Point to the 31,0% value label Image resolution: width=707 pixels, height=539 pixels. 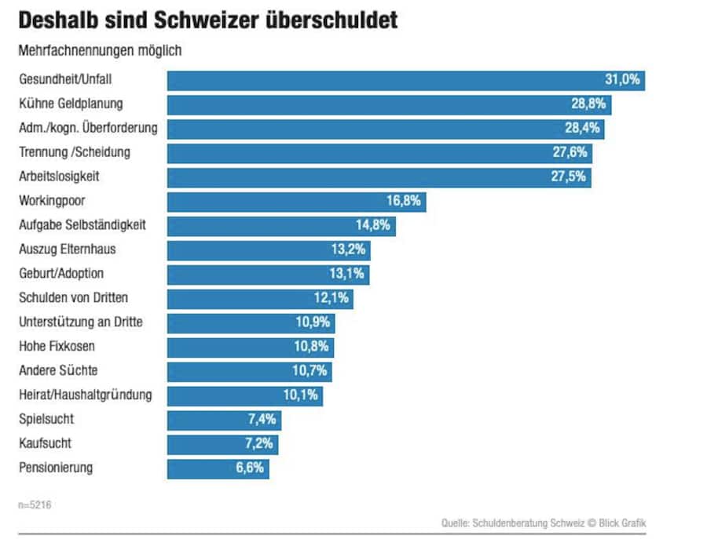coord(622,80)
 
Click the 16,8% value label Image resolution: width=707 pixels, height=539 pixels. coord(403,202)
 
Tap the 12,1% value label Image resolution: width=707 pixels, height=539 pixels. coord(331,299)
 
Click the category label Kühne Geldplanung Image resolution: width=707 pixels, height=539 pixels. coord(71,104)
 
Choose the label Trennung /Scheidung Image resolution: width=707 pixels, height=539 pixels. coord(75,152)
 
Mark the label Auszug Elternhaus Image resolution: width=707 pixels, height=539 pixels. coord(68,250)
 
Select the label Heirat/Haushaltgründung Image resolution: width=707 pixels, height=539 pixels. coord(85,395)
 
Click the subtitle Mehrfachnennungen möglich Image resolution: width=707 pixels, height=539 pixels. coord(100,51)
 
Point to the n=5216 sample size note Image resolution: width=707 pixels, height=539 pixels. coord(35,504)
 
